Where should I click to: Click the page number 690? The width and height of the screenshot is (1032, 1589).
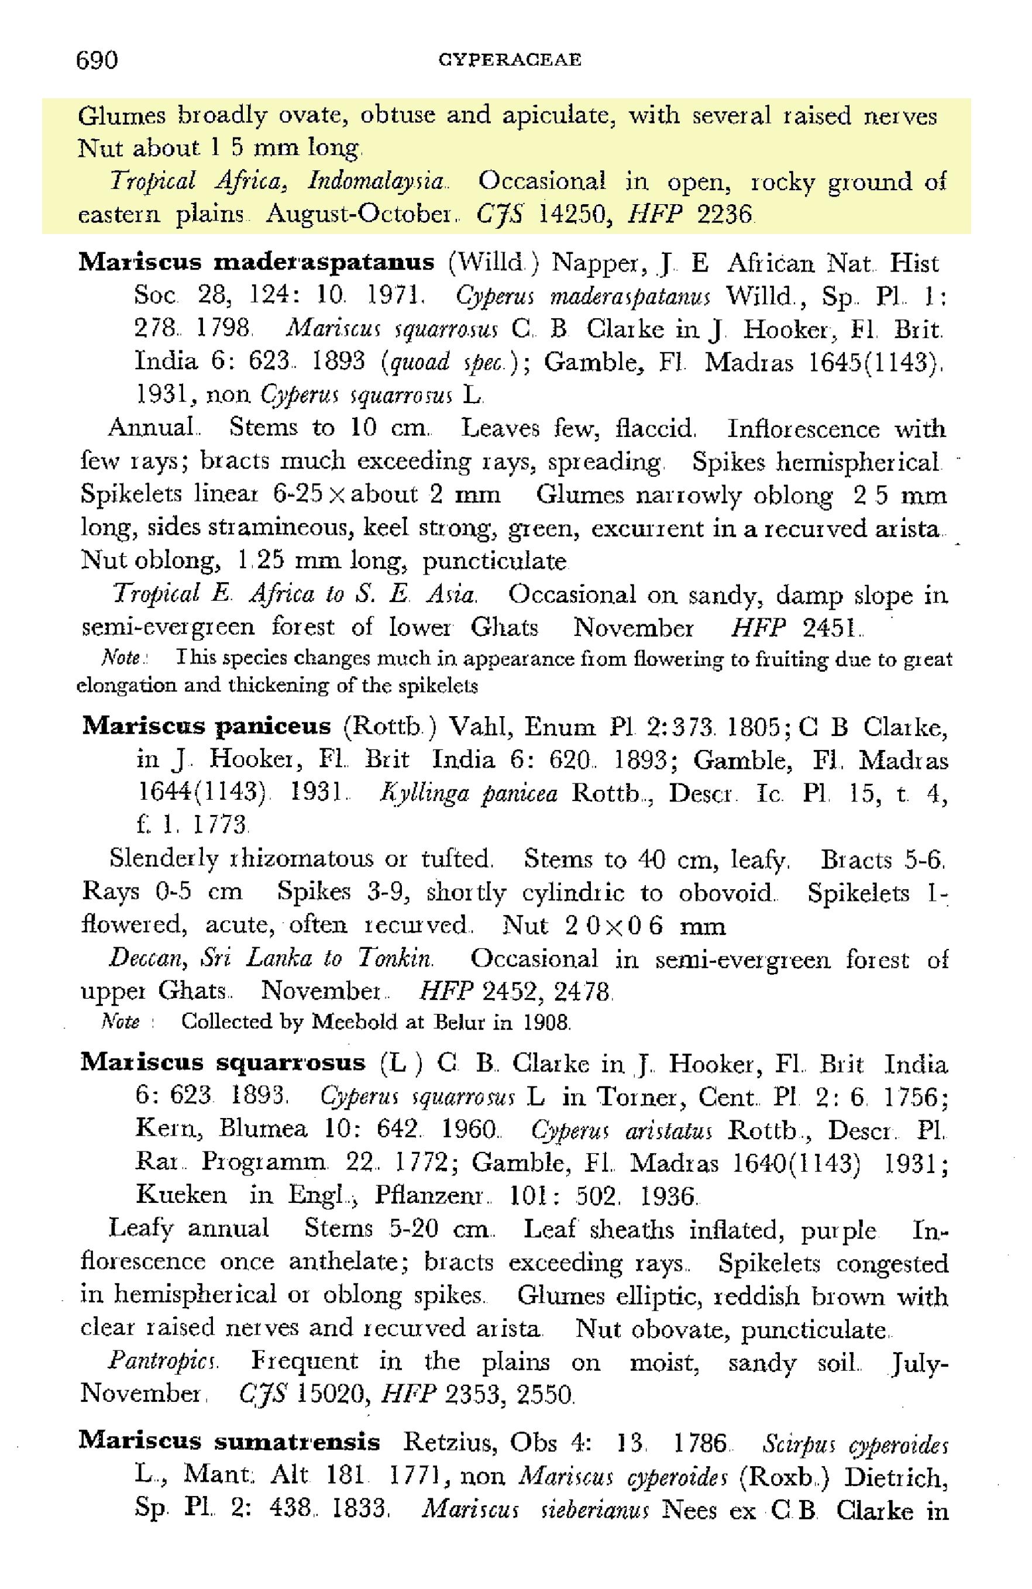(98, 60)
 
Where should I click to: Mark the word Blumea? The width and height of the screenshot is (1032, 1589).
(264, 1130)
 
